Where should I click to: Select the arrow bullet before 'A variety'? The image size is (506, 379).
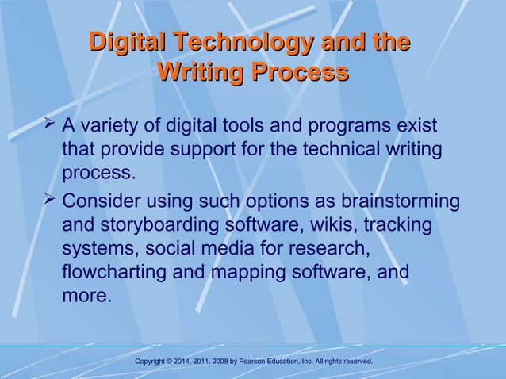(50, 124)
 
